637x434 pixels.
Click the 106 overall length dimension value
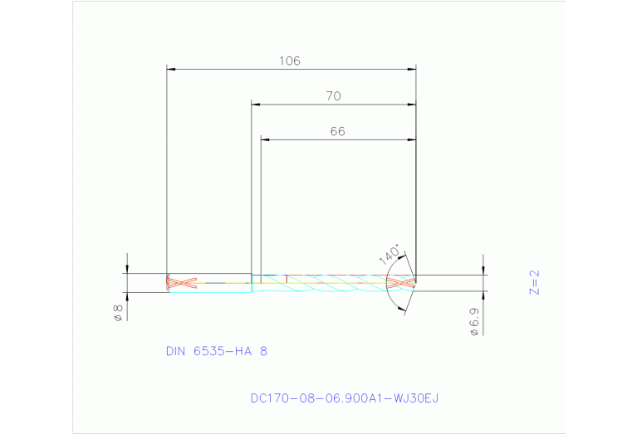[x=289, y=61]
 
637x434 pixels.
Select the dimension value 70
[x=333, y=96]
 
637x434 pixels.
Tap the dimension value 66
[x=337, y=131]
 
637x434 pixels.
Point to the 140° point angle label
[x=389, y=254]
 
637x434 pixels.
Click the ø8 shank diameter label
[x=118, y=313]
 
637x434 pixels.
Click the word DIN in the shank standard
[x=176, y=351]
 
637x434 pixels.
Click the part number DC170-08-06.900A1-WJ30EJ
[x=344, y=398]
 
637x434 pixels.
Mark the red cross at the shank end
[x=182, y=283]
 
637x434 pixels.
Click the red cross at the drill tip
[x=401, y=283]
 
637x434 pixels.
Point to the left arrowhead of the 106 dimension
[x=171, y=69]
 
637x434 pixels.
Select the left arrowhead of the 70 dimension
[x=256, y=105]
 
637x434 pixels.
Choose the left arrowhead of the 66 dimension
[x=266, y=139]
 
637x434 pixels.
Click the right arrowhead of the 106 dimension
[x=412, y=69]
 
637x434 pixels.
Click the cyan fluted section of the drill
[x=332, y=283]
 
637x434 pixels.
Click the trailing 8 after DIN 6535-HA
[x=263, y=351]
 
